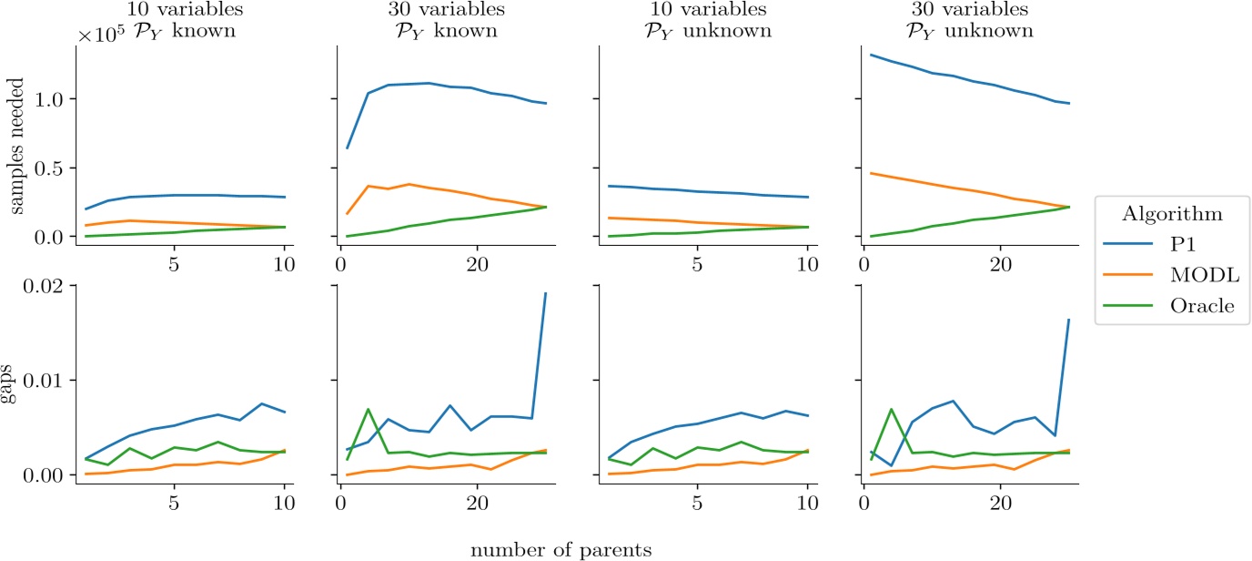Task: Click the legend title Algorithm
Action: (x=1172, y=215)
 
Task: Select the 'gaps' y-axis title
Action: (x=19, y=381)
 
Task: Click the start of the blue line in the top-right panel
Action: (x=871, y=55)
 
